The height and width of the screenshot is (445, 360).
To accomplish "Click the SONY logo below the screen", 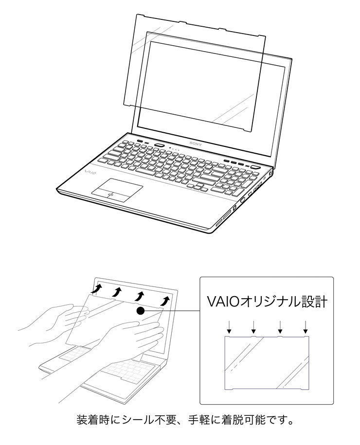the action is tap(196, 144).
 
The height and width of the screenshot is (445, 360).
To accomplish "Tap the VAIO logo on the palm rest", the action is tap(90, 172).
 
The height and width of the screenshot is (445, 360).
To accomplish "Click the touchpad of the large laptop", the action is tap(117, 190).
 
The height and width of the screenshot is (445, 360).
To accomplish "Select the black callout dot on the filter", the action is tap(141, 311).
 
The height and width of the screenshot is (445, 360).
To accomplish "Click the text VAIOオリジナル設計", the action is tap(267, 302).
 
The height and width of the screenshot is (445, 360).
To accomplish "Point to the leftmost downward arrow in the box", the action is tap(230, 327).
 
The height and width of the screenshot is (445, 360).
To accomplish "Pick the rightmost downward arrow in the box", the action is tap(306, 327).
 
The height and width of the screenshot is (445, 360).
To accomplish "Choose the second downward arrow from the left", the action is tap(254, 327).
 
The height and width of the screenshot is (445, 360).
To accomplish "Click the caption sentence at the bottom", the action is tap(185, 420).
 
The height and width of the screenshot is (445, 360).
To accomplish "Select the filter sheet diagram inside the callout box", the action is tap(267, 363).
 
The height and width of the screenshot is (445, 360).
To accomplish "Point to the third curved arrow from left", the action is tap(140, 296).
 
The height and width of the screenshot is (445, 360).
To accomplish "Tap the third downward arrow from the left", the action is tap(280, 327).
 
